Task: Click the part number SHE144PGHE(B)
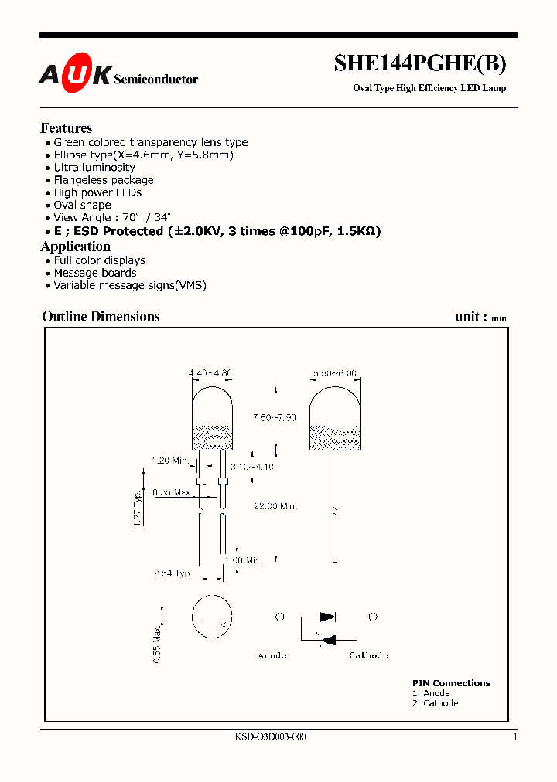[x=420, y=63]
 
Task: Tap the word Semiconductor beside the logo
[x=155, y=80]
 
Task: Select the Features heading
[x=66, y=128]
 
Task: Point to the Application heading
[x=75, y=246]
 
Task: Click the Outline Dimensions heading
[x=101, y=317]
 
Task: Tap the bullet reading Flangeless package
[x=104, y=180]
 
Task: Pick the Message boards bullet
[x=94, y=273]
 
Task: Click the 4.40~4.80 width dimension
[x=210, y=373]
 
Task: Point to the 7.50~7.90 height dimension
[x=274, y=417]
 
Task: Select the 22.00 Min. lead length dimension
[x=276, y=506]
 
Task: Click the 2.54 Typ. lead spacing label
[x=173, y=573]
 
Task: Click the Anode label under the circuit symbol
[x=272, y=655]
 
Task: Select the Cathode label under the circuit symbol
[x=369, y=655]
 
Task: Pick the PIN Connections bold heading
[x=451, y=683]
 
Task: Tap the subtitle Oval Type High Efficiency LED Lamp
[x=429, y=88]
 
